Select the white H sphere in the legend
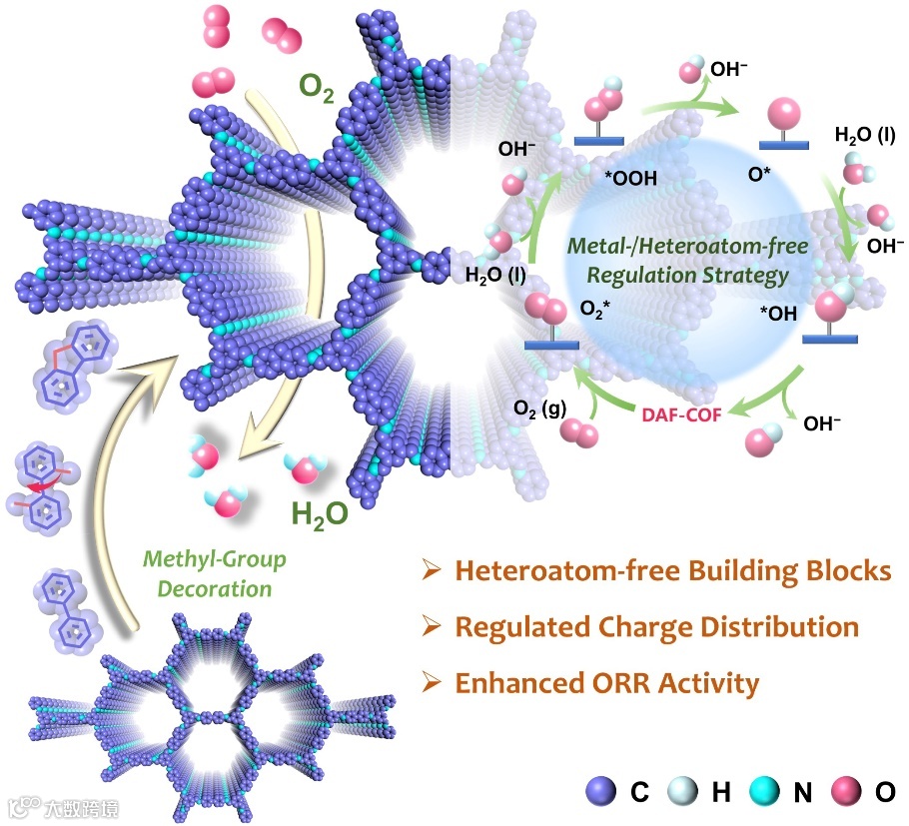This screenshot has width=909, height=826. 686,793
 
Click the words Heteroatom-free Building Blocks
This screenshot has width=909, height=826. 672,571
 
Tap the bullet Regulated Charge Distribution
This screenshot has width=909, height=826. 656,627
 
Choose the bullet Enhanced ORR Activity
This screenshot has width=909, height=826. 606,683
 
